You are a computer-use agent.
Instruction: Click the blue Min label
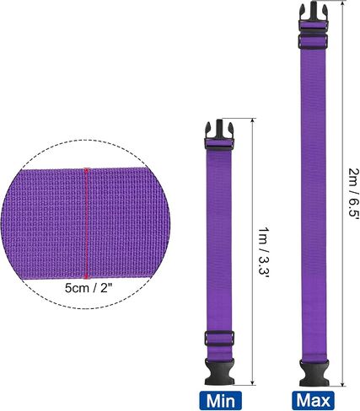click(x=220, y=400)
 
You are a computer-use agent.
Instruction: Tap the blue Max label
click(x=313, y=400)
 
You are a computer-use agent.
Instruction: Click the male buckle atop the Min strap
click(x=219, y=135)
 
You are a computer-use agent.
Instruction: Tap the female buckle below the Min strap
click(x=219, y=371)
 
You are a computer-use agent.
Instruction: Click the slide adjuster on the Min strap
click(x=219, y=339)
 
